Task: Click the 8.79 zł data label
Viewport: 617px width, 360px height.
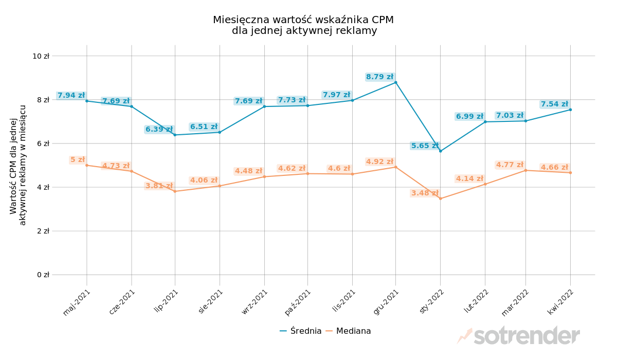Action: [x=379, y=77]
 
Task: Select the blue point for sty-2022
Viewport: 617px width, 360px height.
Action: [x=440, y=151]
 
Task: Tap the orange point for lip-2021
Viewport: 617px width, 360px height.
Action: [x=175, y=191]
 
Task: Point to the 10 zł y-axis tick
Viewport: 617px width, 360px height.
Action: [x=41, y=56]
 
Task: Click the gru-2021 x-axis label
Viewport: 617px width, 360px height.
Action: [x=387, y=302]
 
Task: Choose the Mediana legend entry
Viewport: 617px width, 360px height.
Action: [x=353, y=331]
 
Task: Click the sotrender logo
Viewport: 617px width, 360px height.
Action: [x=519, y=336]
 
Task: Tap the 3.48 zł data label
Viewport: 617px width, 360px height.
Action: [x=424, y=193]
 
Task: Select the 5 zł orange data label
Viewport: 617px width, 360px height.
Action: [x=78, y=160]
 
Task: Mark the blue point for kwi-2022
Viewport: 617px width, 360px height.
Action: [x=570, y=110]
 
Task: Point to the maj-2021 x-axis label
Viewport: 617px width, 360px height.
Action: [x=77, y=302]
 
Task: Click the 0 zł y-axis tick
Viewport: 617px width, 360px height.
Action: [x=43, y=275]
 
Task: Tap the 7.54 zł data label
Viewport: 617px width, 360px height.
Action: [x=554, y=104]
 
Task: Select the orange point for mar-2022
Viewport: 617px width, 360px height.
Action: [x=525, y=170]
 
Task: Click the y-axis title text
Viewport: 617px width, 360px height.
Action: [x=18, y=165]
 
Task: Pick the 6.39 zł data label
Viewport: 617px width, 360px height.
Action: [x=159, y=130]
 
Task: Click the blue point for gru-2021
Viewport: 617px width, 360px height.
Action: [x=395, y=82]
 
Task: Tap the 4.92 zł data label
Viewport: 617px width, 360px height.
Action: [x=379, y=162]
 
